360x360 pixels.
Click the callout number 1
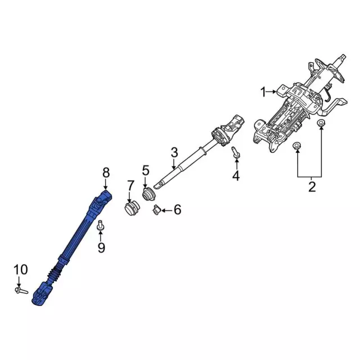point(263,92)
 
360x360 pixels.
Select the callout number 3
point(174,152)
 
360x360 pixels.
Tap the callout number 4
point(236,177)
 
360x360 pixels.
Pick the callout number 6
point(177,210)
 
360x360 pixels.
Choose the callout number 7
point(130,185)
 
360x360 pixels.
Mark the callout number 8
point(106,172)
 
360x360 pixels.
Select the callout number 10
point(20,270)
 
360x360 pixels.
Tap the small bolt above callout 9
point(101,226)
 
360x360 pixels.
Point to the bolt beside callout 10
point(21,290)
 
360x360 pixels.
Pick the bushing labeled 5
point(148,196)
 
